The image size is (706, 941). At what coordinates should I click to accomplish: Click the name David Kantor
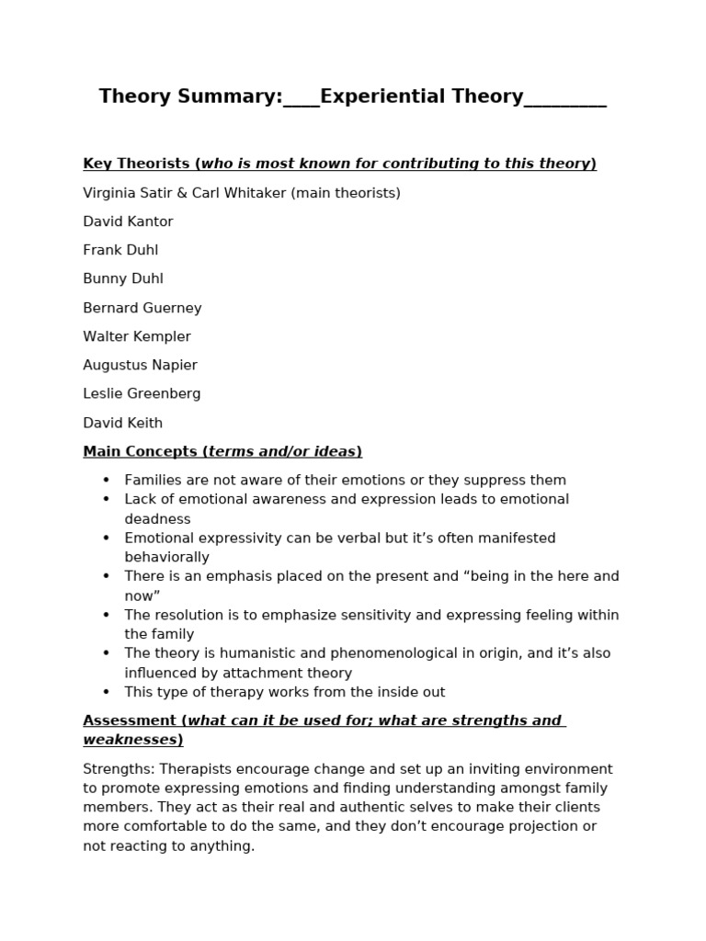point(128,221)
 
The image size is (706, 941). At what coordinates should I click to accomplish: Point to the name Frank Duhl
point(120,250)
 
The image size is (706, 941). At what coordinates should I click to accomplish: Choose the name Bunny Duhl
point(123,278)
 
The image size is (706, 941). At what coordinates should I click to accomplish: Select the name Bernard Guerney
point(142,308)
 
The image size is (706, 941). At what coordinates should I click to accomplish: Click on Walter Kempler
point(137,336)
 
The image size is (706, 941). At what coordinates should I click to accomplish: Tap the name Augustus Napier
point(140,365)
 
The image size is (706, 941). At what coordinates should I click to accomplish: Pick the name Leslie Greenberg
point(142,393)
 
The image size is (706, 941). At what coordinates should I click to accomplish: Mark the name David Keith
point(122,423)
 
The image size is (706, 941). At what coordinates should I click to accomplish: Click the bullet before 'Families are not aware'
point(106,480)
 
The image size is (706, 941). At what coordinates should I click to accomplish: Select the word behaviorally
point(166,557)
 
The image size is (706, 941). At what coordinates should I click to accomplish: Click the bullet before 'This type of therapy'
point(106,692)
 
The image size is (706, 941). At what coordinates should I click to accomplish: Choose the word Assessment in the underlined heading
point(129,720)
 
